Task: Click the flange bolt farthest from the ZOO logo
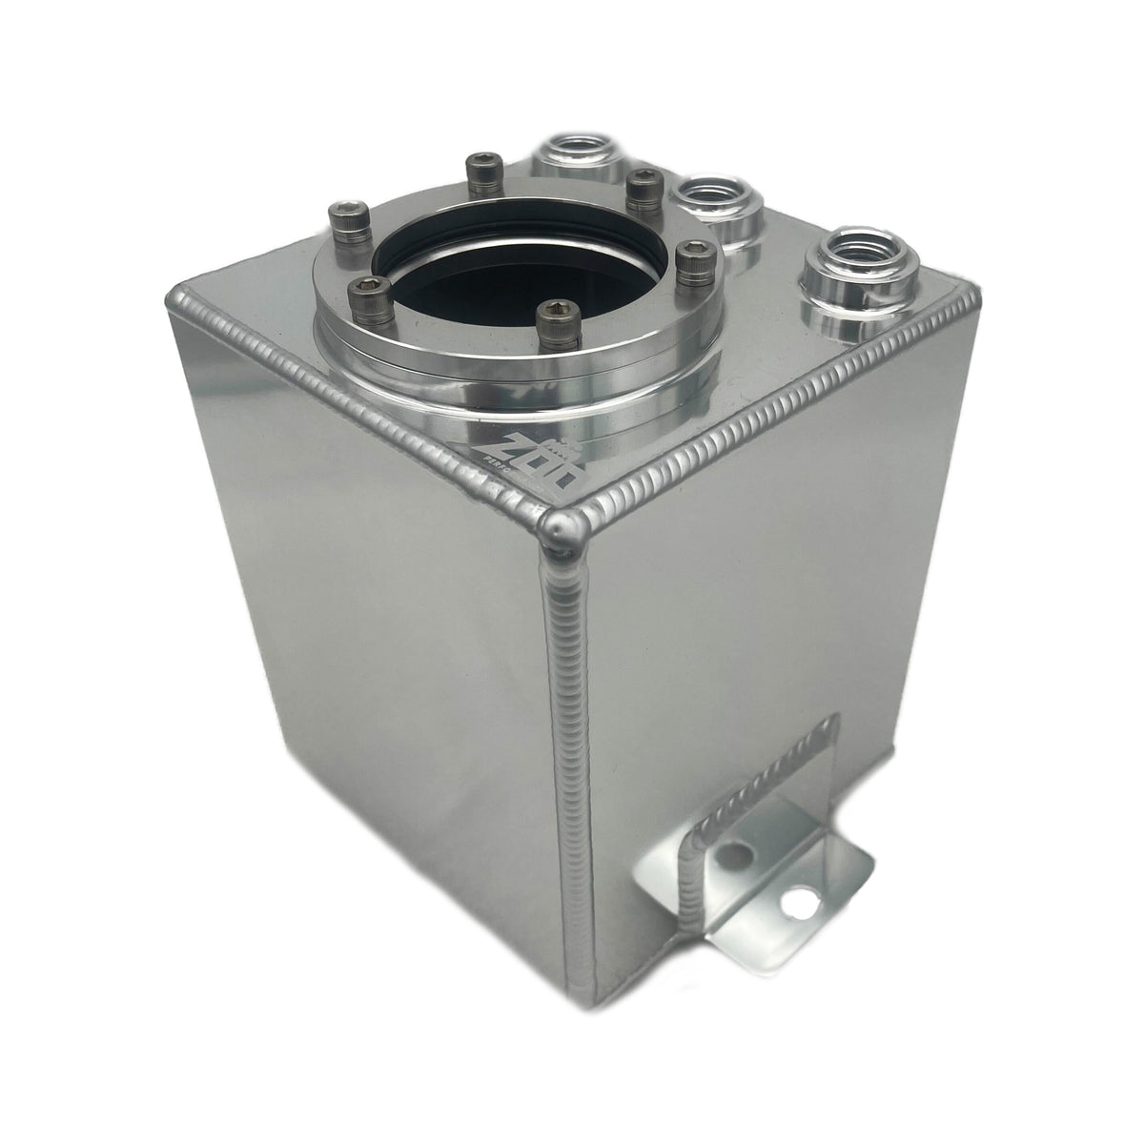coord(478,169)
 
